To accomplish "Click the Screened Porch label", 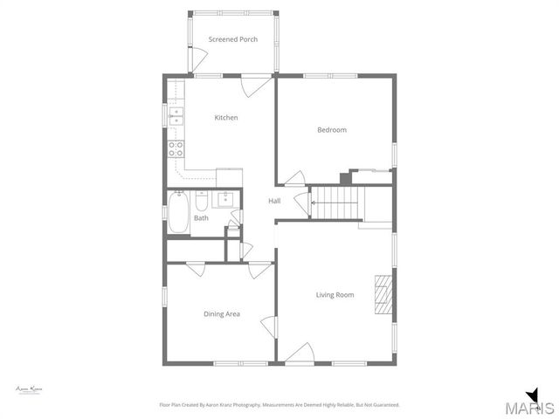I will tap(232, 39).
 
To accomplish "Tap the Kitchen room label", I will tap(226, 118).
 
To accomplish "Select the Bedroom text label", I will tap(331, 130).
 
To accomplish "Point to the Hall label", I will tap(274, 202).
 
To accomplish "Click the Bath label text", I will tap(201, 218).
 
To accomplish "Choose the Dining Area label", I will tap(221, 314).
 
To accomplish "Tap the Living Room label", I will tap(335, 295).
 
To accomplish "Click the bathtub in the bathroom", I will tap(178, 214).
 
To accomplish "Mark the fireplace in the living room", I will tap(383, 294).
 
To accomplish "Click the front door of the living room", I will tap(299, 354).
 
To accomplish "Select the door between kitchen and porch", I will tap(253, 86).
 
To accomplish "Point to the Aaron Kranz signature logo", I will tap(30, 388).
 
